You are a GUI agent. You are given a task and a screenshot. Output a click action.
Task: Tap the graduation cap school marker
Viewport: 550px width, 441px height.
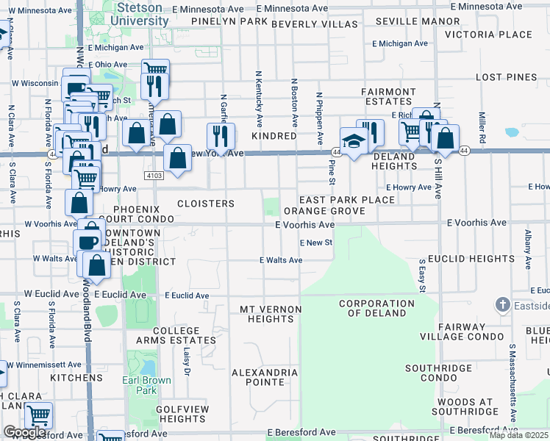354,140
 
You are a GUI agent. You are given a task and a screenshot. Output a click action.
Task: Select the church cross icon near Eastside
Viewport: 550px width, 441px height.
503,304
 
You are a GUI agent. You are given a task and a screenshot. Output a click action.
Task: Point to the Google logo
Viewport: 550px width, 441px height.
24,432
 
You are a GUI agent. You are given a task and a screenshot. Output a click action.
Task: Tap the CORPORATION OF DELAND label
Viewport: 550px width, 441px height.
376,308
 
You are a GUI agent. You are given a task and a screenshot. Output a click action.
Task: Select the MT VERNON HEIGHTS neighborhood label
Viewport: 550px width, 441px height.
266,314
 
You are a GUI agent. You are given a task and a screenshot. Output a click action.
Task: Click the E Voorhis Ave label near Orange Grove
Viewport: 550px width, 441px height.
305,225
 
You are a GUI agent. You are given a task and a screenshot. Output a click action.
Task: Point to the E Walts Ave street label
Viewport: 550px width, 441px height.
281,260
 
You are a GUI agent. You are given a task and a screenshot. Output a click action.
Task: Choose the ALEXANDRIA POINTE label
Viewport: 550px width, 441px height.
265,378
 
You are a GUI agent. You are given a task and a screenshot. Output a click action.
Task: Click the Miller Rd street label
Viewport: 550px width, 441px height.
482,128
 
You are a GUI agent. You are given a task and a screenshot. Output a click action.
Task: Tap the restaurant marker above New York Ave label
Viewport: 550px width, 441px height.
220,135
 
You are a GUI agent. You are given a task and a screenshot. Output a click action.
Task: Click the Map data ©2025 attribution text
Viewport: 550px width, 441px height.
518,435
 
